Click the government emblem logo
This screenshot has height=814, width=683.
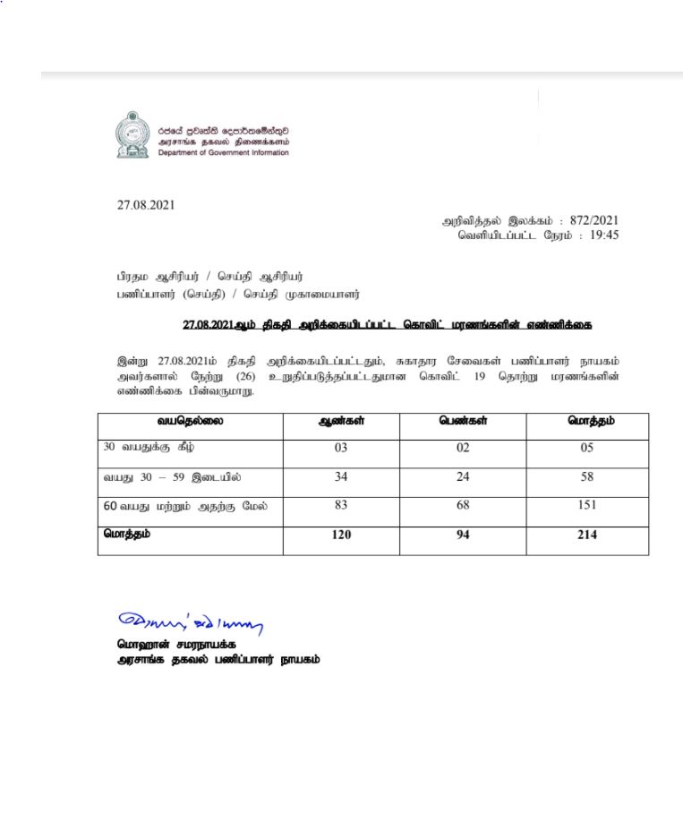pyautogui.click(x=132, y=135)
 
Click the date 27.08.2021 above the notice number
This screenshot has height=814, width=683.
pyautogui.click(x=146, y=204)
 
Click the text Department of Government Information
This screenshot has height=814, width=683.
pyautogui.click(x=224, y=153)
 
